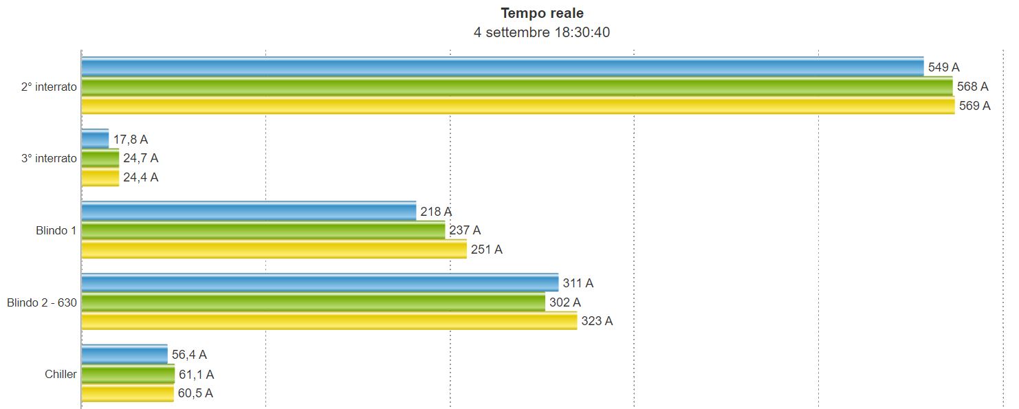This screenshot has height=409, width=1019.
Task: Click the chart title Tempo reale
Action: [x=543, y=13]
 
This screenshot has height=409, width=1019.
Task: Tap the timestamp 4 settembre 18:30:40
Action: [x=543, y=32]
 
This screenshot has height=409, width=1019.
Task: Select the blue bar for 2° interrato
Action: [x=502, y=67]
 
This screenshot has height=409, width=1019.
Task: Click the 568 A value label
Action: [x=972, y=87]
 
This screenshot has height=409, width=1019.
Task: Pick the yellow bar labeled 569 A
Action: [x=517, y=105]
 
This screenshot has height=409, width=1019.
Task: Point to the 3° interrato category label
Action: [x=49, y=158]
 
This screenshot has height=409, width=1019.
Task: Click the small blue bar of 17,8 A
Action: [x=95, y=140]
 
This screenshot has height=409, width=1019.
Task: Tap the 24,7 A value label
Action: [x=141, y=158]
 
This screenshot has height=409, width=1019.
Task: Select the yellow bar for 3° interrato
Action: [x=100, y=177]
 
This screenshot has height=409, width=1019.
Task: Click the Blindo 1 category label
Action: [x=56, y=230]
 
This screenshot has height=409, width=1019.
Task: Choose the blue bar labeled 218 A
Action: [x=248, y=211]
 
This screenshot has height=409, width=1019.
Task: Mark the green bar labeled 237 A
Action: [x=263, y=230]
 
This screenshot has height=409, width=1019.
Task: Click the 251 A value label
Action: [x=487, y=250]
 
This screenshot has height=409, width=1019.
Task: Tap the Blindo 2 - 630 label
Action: [x=42, y=302]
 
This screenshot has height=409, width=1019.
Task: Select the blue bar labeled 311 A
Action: [x=320, y=283]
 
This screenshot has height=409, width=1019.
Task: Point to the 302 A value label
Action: [x=565, y=302]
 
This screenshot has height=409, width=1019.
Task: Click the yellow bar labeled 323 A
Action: [x=329, y=321]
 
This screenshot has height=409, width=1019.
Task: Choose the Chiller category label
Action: [x=61, y=375]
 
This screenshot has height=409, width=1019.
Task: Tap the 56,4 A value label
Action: [x=189, y=355]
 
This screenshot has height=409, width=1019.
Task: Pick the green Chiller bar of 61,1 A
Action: [x=128, y=375]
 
